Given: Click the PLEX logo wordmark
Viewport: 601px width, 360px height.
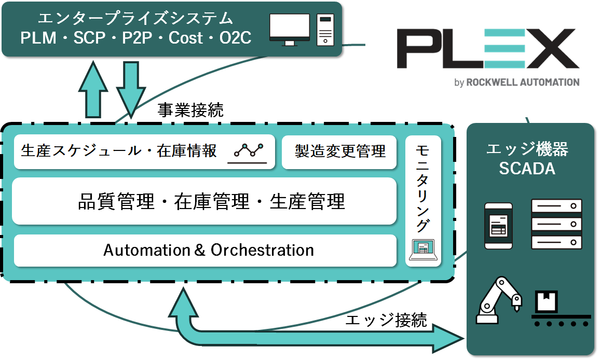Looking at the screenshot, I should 485,50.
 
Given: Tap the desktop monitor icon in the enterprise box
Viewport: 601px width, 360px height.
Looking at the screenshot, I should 290,29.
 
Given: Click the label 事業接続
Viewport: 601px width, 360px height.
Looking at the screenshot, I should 190,110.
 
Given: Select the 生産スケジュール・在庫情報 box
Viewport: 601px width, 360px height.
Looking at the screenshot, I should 119,151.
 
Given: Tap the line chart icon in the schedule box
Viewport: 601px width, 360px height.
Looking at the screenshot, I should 249,151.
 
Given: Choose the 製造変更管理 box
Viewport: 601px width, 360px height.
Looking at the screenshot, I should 340,151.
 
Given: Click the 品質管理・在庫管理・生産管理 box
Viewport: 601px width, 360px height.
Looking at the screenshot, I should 204,201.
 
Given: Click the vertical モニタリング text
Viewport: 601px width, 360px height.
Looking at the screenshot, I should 424,187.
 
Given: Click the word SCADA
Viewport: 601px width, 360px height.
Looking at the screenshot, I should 527,169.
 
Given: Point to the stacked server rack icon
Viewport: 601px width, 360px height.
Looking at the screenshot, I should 556,224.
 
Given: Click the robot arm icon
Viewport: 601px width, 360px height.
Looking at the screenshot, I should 498,300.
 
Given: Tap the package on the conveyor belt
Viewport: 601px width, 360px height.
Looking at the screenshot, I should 547,299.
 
